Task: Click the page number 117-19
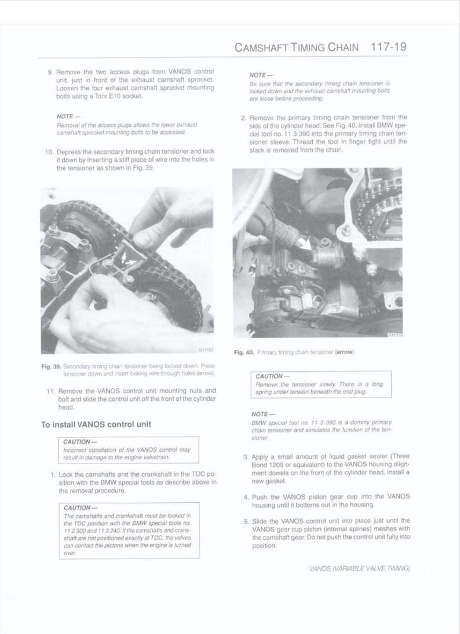pyautogui.click(x=388, y=47)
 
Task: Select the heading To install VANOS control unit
pyautogui.click(x=96, y=424)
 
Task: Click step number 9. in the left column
pyautogui.click(x=50, y=73)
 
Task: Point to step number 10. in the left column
pyautogui.click(x=49, y=152)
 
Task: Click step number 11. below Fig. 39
pyautogui.click(x=50, y=390)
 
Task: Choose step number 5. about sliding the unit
pyautogui.click(x=246, y=520)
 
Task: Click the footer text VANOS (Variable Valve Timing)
pyautogui.click(x=359, y=569)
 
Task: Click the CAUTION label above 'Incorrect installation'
pyautogui.click(x=76, y=442)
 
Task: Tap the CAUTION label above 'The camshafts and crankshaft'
pyautogui.click(x=76, y=508)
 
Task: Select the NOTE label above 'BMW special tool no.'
pyautogui.click(x=259, y=414)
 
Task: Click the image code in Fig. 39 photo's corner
pyautogui.click(x=207, y=350)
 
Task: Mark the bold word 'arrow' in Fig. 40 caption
pyautogui.click(x=344, y=352)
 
